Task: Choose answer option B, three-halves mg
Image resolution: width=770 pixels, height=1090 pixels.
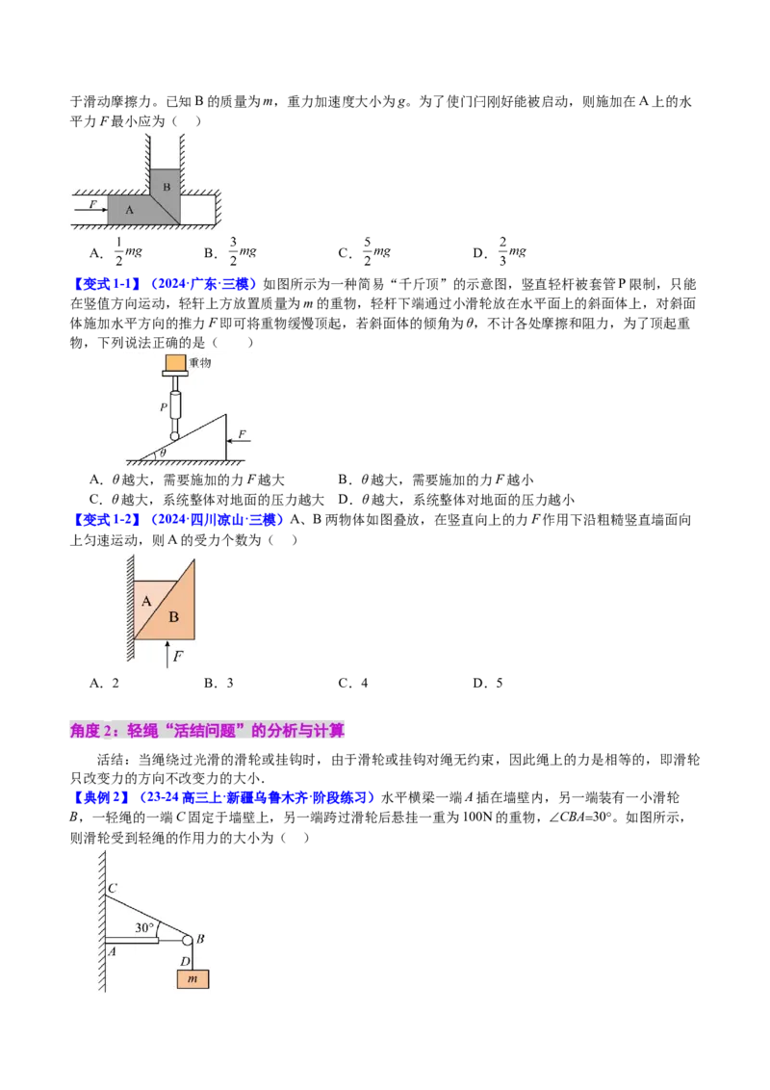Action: [x=230, y=251]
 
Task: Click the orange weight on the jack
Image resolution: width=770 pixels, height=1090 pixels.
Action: [x=175, y=363]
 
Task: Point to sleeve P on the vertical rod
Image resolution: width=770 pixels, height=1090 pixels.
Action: [x=175, y=403]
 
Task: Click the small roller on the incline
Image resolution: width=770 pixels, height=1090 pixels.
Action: [x=174, y=436]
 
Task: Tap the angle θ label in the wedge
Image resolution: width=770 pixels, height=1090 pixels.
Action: [x=164, y=454]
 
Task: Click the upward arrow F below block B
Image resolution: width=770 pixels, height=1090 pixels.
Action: [x=167, y=654]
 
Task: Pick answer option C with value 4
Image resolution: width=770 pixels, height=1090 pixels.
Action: [x=353, y=684]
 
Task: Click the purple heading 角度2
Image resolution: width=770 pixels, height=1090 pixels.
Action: [x=207, y=731]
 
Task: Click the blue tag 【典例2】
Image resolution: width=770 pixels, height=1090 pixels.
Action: [x=100, y=797]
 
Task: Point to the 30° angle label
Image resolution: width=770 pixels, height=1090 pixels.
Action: [x=143, y=927]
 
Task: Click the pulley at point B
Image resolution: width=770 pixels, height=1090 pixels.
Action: [x=188, y=941]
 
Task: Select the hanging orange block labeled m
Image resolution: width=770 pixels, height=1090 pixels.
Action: [x=192, y=978]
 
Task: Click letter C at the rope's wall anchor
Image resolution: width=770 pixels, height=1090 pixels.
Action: [x=113, y=888]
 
